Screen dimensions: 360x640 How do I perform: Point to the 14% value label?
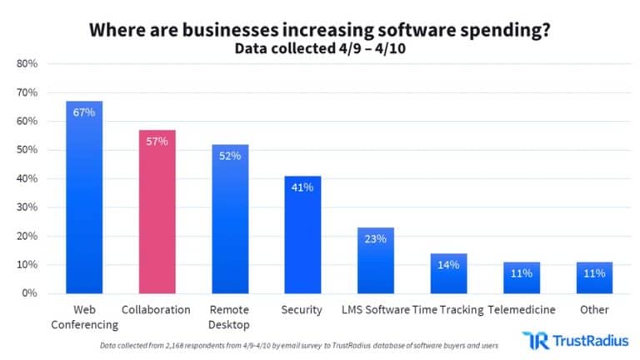[448, 264]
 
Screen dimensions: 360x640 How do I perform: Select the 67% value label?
[84, 112]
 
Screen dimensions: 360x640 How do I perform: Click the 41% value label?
[302, 187]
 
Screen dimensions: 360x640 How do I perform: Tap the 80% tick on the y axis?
[27, 64]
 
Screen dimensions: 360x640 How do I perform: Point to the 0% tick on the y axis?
[30, 293]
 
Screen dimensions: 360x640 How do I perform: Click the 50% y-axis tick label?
[27, 150]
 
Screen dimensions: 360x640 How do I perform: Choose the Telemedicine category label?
[522, 310]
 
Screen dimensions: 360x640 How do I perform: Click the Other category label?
[594, 310]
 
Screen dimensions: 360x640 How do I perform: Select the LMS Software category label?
[375, 310]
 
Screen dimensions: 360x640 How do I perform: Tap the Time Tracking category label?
[448, 310]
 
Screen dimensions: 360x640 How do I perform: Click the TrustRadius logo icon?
[533, 340]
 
